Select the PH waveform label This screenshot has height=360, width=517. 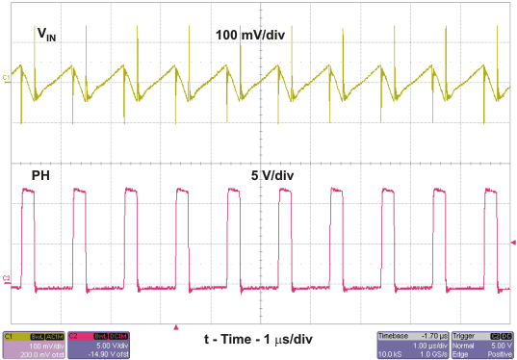tap(41, 176)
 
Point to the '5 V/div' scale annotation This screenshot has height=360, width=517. tap(274, 176)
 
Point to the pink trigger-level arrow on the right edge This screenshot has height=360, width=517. tap(512, 242)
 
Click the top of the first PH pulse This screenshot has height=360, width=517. tap(28, 192)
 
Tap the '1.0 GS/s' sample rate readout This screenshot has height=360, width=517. tap(442, 353)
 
